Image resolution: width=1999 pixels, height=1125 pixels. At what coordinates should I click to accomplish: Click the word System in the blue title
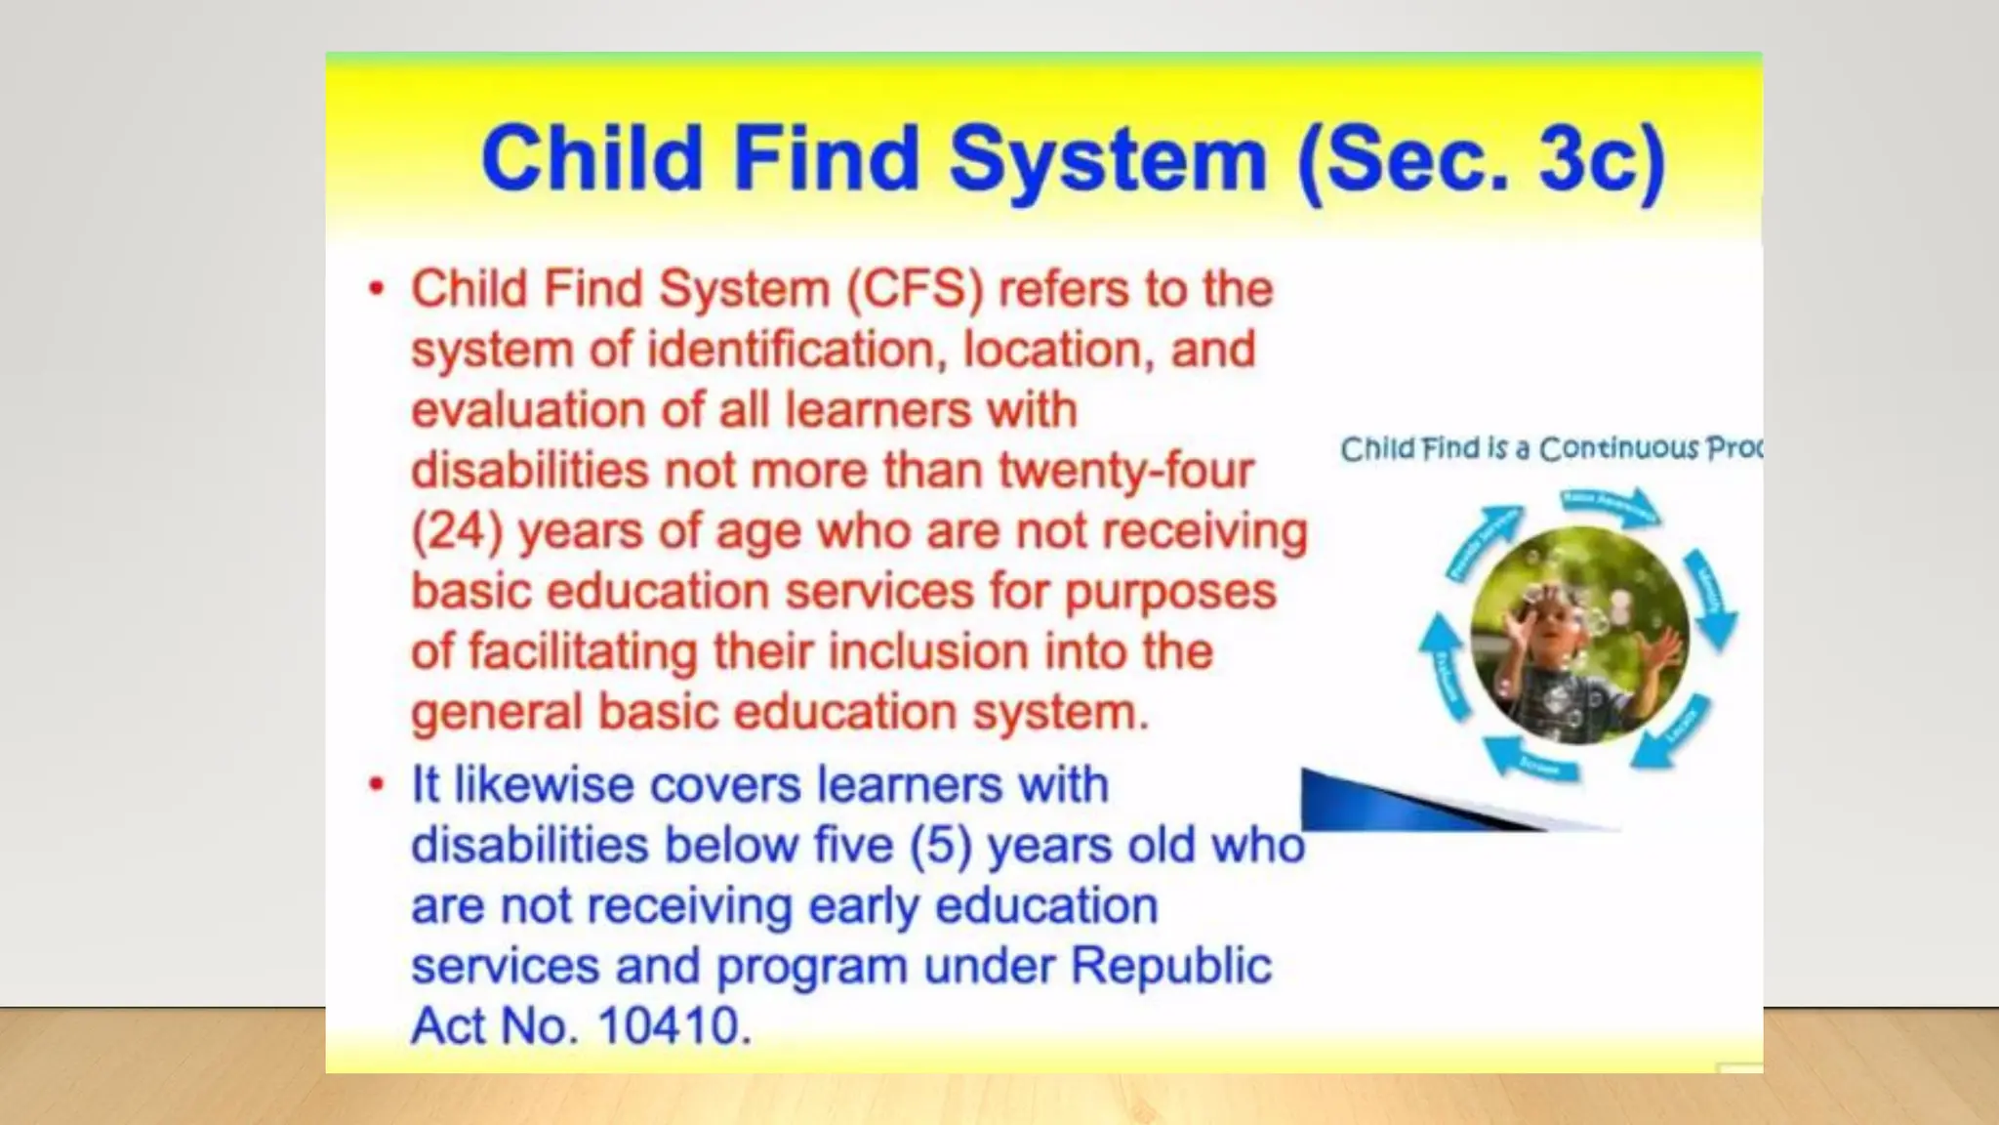click(x=1108, y=160)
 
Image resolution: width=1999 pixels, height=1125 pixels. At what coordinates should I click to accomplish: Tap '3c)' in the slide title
click(x=1602, y=160)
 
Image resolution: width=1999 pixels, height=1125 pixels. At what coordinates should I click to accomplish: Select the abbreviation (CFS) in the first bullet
click(x=915, y=290)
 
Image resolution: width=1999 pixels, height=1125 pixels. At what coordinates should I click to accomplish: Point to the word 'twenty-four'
click(x=1125, y=471)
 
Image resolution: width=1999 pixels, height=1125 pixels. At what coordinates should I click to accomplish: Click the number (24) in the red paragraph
click(x=457, y=532)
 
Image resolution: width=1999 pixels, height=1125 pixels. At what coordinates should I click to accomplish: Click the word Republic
click(x=1171, y=967)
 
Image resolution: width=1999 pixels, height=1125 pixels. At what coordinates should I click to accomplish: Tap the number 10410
click(x=674, y=1026)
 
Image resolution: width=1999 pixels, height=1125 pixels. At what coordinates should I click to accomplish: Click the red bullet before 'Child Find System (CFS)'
click(x=377, y=289)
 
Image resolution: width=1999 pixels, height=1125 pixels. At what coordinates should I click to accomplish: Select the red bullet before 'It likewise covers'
click(x=377, y=784)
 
